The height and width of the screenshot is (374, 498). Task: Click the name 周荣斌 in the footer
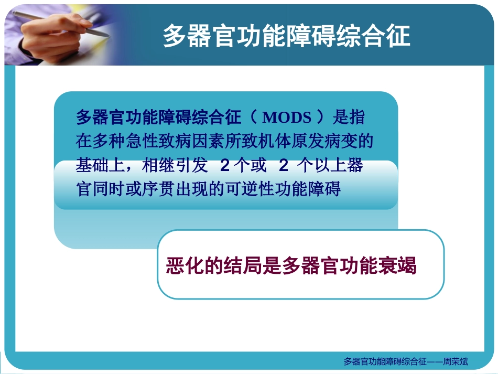455,361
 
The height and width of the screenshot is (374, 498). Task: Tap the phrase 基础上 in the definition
98,165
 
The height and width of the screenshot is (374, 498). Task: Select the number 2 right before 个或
224,165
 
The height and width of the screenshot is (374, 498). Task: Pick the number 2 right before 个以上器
284,165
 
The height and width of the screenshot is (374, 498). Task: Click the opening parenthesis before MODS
253,117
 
